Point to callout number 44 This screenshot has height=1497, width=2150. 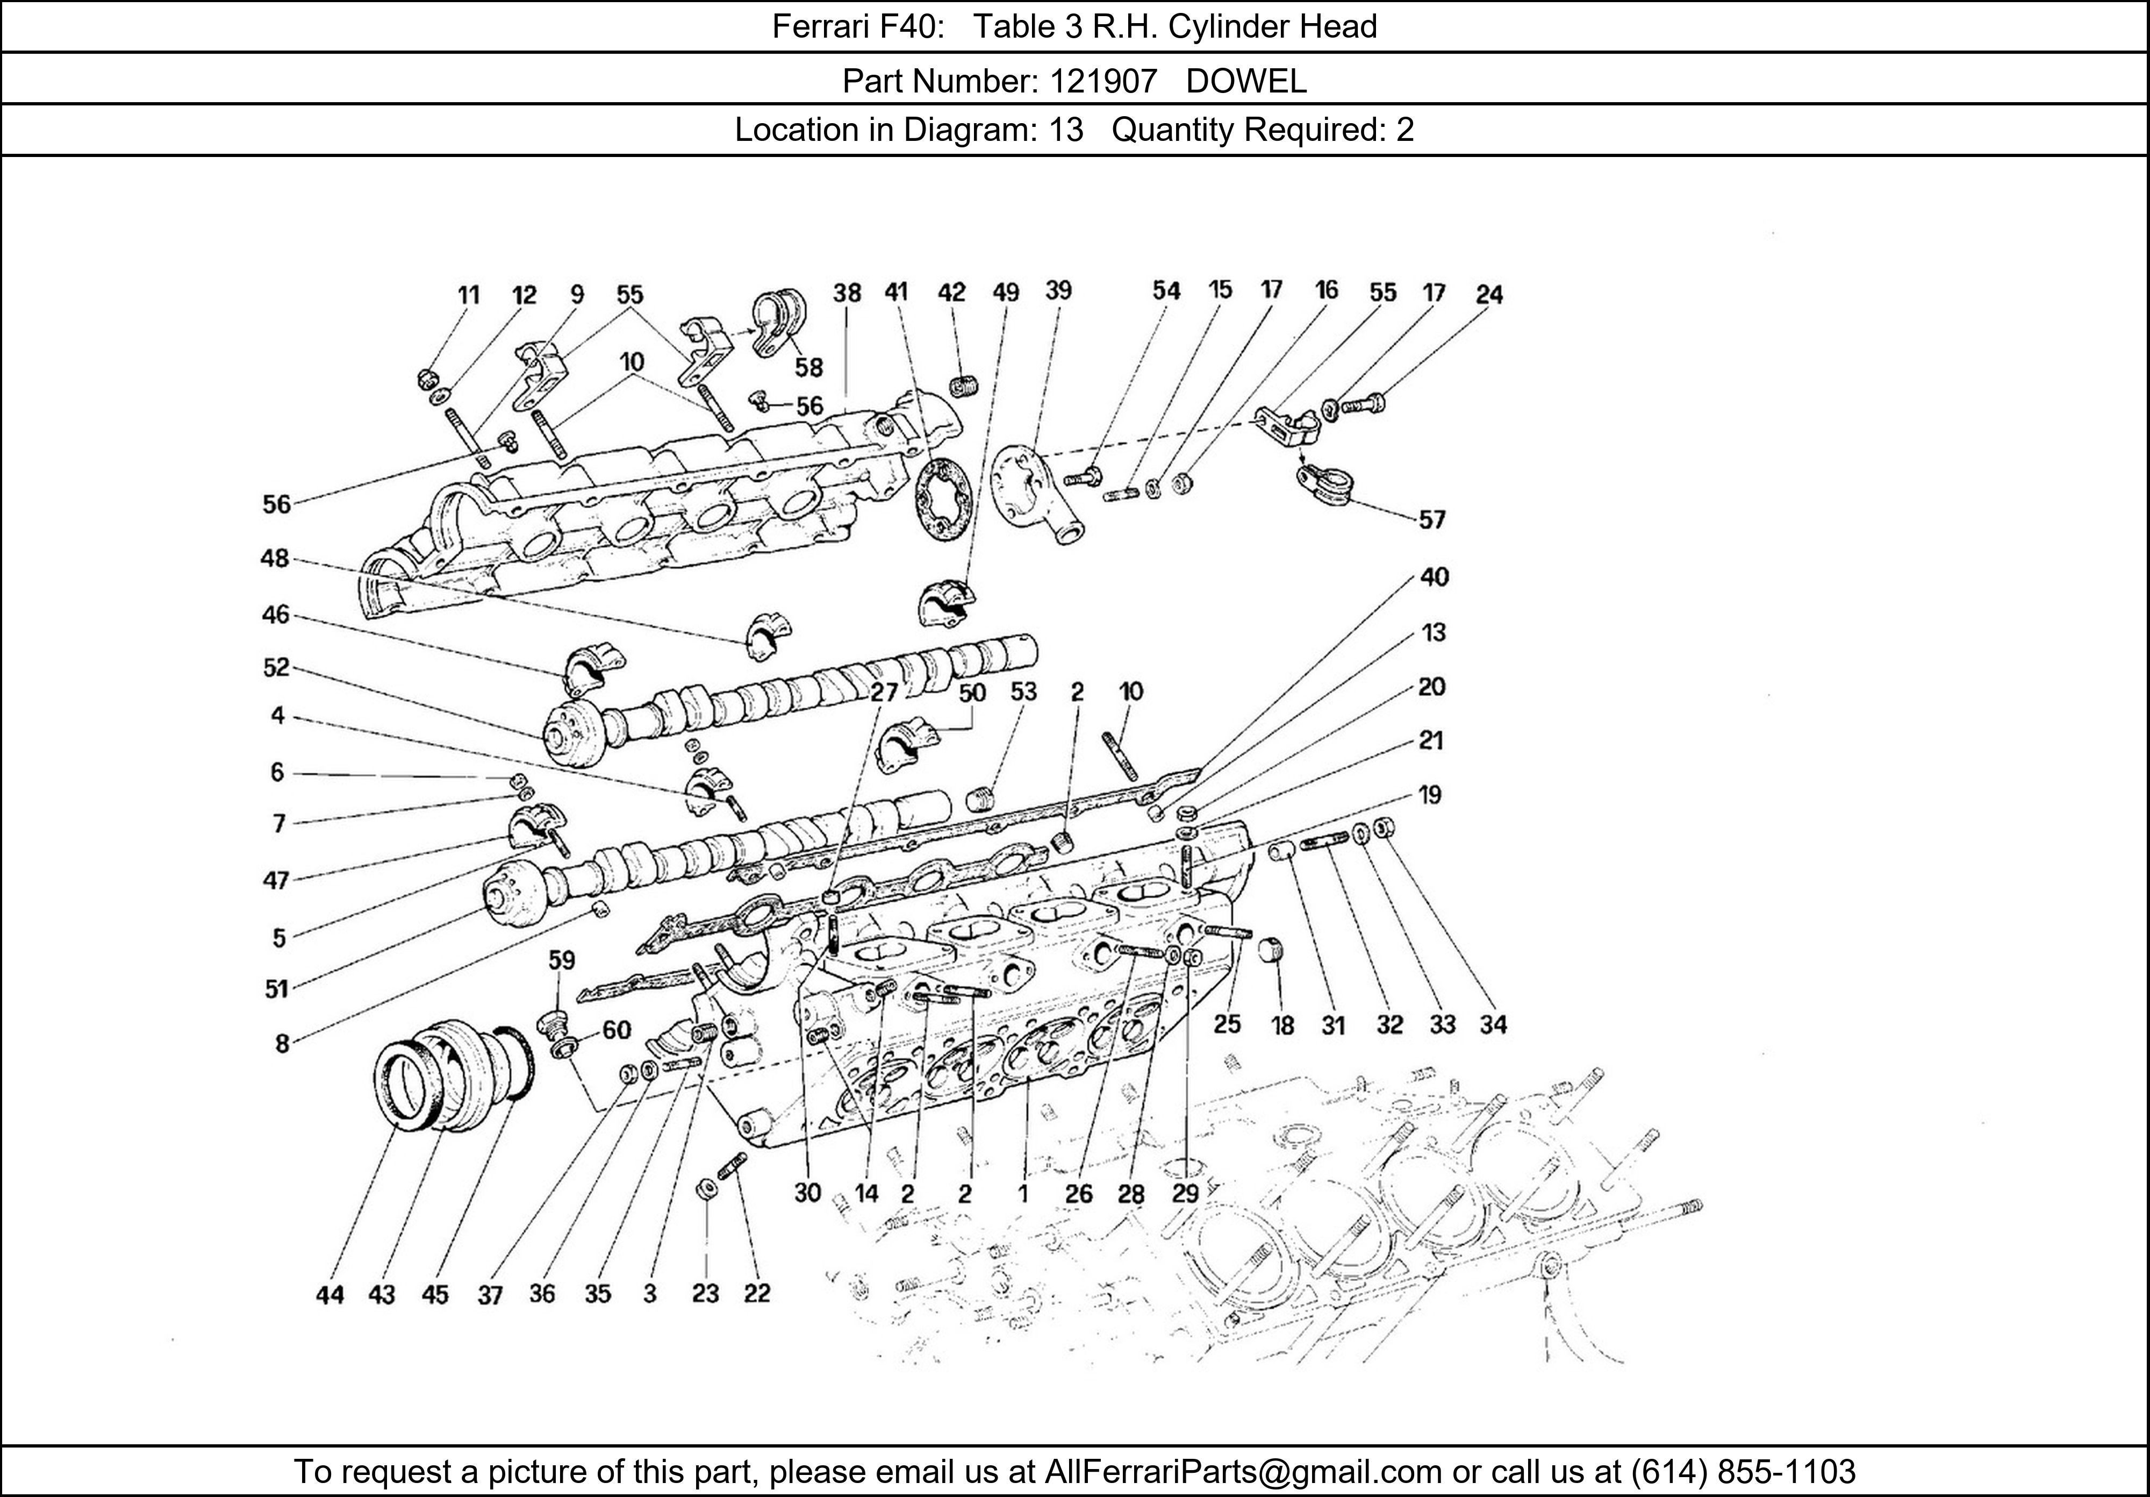tap(329, 1295)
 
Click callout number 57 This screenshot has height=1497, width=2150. tap(1432, 520)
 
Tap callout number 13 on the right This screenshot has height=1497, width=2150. tap(1434, 632)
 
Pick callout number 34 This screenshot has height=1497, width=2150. tap(1493, 1025)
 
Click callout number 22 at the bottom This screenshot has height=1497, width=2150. tap(757, 1293)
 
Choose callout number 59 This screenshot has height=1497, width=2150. tap(562, 960)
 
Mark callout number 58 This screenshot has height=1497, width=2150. tap(809, 366)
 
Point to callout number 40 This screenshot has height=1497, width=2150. tap(1434, 577)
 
